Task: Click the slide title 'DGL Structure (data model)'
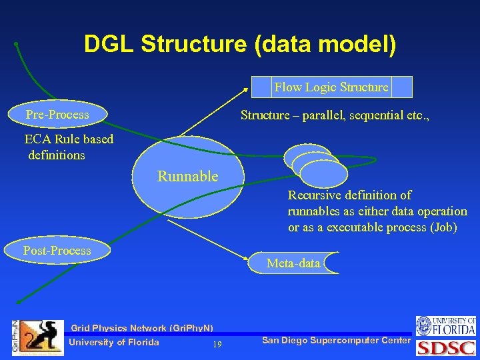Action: coord(239,45)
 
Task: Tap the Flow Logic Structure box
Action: coord(331,87)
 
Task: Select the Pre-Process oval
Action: coord(57,115)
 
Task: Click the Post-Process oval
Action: coord(57,251)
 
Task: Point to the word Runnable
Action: coord(187,177)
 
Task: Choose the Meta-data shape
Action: coord(294,263)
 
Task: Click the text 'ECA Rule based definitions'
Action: coord(68,147)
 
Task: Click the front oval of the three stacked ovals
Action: coord(324,173)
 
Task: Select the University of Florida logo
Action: coord(446,326)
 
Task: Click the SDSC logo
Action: coord(446,348)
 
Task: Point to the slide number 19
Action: coord(217,345)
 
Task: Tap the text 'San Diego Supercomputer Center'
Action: coord(336,341)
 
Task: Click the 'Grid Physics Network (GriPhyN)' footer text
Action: coord(142,328)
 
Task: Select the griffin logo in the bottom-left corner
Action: coord(41,337)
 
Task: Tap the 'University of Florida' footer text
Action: coord(114,343)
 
